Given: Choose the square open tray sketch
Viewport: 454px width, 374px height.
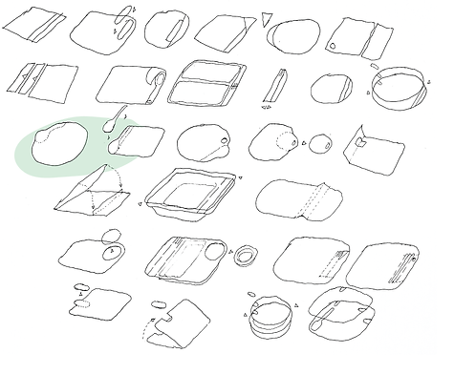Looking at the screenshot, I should [190, 194].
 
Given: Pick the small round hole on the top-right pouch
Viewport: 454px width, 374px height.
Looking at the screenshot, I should [333, 46].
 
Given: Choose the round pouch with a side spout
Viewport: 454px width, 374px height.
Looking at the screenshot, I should [203, 142].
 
